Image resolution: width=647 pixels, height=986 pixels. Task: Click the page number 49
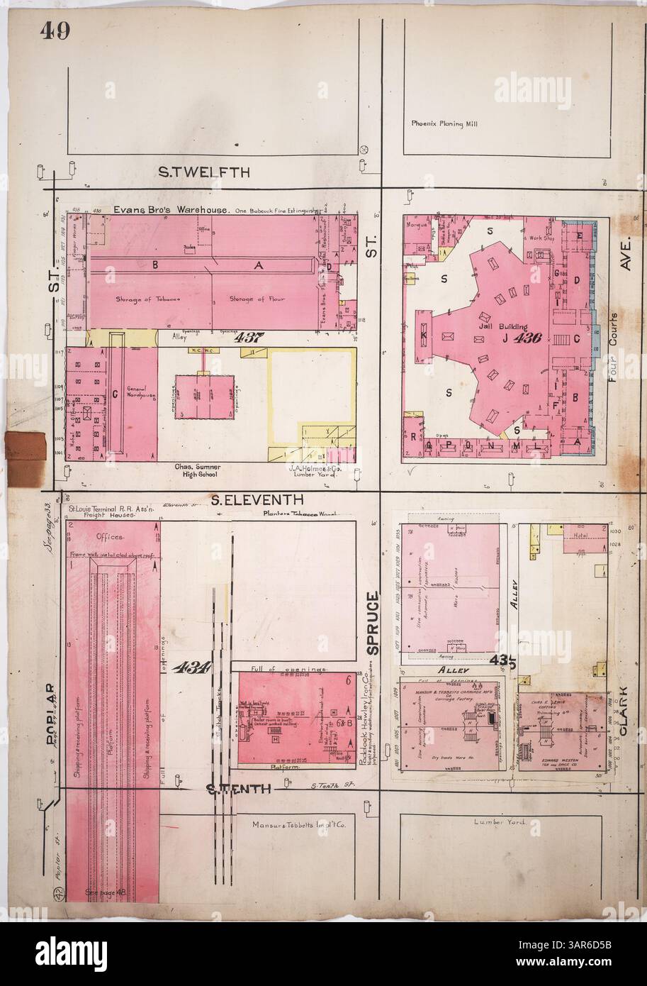coord(54,32)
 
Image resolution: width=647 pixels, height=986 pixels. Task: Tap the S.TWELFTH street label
coord(203,172)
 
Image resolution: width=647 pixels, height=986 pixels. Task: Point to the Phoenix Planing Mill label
coord(444,123)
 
